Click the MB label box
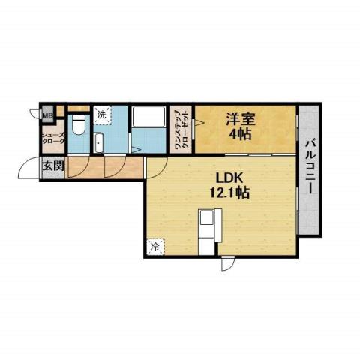47,115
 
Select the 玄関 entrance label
52,166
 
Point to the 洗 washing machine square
102,115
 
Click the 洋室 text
240,117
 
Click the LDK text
229,178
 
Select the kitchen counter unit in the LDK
208,229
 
